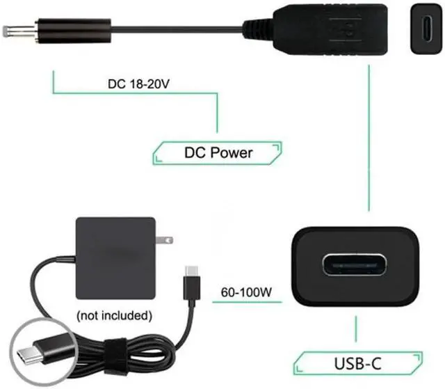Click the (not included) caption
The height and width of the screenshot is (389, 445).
coord(115,315)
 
